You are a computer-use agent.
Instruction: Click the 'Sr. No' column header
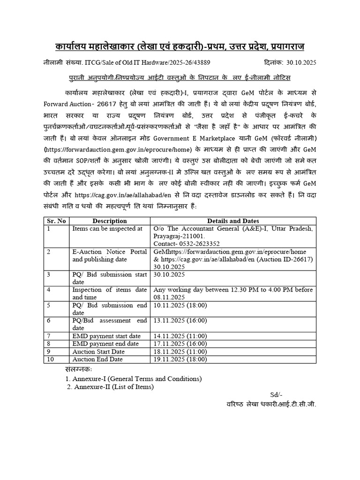click(56, 221)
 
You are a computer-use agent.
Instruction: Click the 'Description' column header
click(110, 221)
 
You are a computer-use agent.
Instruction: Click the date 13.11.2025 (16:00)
click(180, 320)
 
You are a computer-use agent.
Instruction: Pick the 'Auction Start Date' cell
click(98, 351)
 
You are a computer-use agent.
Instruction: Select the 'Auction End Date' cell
click(97, 359)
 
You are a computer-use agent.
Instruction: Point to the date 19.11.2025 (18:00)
click(180, 359)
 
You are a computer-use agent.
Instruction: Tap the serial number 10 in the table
click(51, 359)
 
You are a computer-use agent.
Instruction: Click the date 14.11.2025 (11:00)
click(180, 336)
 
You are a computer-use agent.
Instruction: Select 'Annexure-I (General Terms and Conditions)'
click(134, 378)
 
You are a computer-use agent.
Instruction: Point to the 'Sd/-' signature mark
click(276, 395)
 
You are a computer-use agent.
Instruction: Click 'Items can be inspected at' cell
click(107, 228)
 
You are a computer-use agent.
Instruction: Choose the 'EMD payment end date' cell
click(105, 344)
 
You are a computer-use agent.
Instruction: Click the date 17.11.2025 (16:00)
click(180, 344)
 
